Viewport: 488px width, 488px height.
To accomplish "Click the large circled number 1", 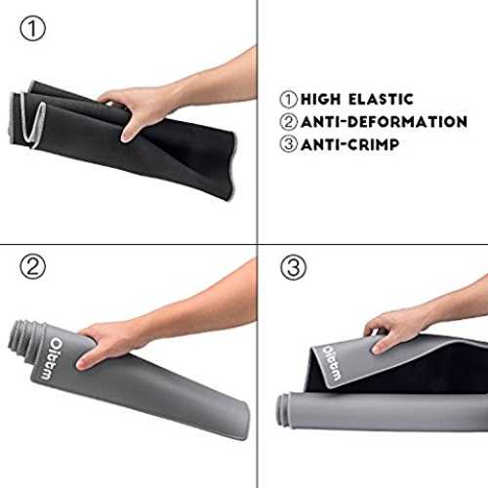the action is coord(32,28).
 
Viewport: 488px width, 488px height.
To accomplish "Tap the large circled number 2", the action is coord(32,266).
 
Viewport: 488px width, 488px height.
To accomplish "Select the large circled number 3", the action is coord(293,267).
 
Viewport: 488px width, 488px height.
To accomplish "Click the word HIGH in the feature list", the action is coord(320,100).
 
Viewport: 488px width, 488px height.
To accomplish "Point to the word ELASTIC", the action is coord(381,100).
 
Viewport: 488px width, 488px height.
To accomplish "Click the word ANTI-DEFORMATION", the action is coord(385,122).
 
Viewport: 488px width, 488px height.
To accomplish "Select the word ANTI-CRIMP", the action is coord(350,144).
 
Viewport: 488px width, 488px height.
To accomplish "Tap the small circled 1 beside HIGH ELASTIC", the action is coord(289,100).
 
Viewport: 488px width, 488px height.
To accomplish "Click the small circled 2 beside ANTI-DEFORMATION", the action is coord(289,122).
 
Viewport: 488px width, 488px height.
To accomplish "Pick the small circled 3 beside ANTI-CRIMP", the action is coord(289,144).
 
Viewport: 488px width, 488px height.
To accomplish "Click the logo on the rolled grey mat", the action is coord(52,359).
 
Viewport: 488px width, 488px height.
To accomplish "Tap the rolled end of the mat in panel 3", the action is coord(282,409).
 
